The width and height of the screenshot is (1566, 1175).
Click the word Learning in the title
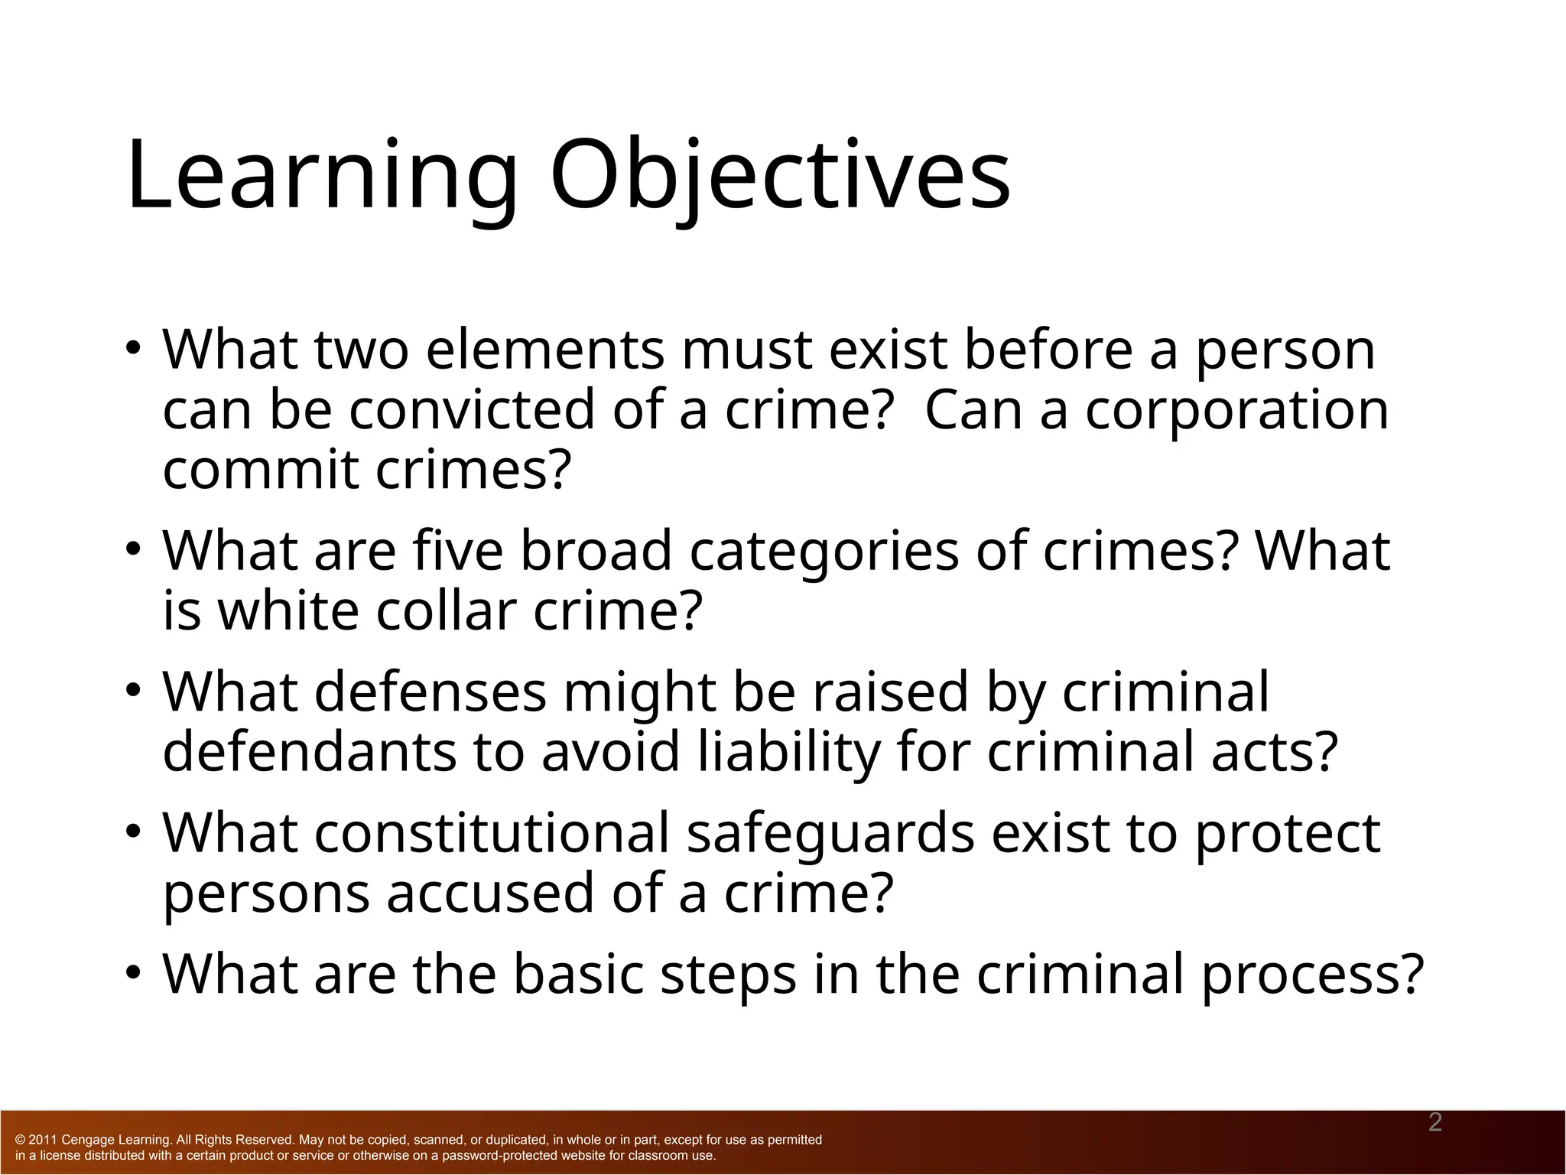(x=321, y=176)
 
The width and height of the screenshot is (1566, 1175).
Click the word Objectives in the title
(x=780, y=176)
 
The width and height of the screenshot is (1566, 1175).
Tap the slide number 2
(x=1435, y=1123)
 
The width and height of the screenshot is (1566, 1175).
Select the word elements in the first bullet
(x=544, y=350)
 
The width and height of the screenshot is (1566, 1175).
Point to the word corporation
(x=1236, y=411)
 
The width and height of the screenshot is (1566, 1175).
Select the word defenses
(x=430, y=692)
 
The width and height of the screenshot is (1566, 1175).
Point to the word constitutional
(x=492, y=833)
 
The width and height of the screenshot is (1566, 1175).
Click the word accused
(x=489, y=893)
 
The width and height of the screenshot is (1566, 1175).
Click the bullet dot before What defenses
(x=134, y=691)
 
